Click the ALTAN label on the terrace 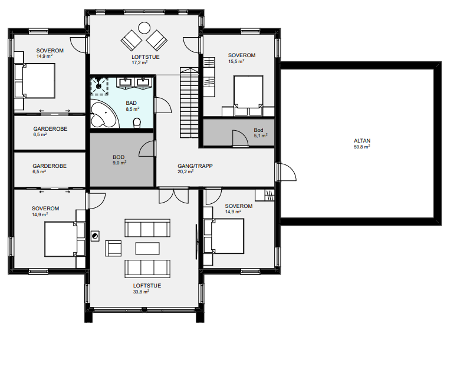(362, 141)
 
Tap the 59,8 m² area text (362, 147)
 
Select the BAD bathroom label (131, 103)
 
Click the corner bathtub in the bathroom (103, 114)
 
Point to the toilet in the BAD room (137, 123)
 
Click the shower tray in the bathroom (100, 86)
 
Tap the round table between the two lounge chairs (144, 28)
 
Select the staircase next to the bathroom (189, 103)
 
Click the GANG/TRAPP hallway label (195, 166)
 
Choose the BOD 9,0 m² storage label (119, 160)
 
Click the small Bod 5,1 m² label (260, 133)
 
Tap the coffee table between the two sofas (147, 248)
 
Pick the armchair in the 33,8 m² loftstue (113, 248)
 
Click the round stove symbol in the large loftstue (95, 236)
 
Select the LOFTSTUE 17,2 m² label (145, 60)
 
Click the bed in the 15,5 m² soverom (248, 95)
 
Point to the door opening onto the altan (286, 172)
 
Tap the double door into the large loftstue (174, 196)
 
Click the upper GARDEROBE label (50, 128)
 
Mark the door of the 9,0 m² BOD (147, 148)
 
